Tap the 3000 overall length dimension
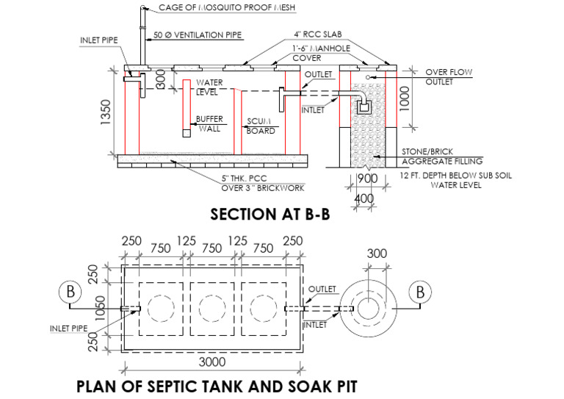(210, 362)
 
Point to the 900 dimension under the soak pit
(367, 179)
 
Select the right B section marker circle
(421, 292)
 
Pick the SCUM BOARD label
(261, 126)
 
